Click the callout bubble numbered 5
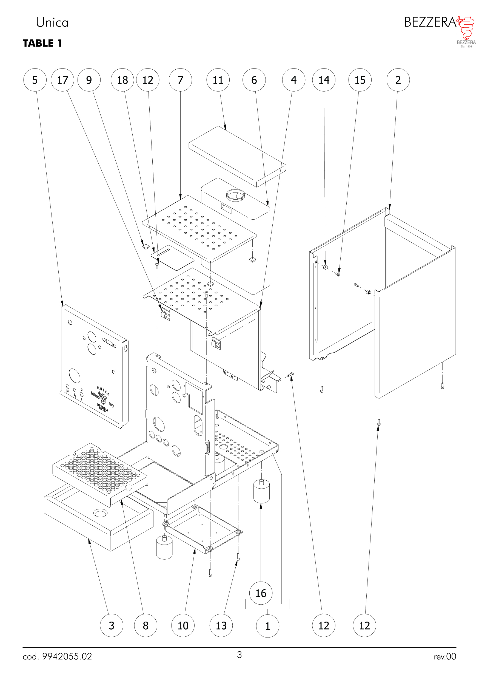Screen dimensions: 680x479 [35, 80]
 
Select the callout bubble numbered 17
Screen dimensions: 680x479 [62, 80]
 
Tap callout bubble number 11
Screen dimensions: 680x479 [218, 80]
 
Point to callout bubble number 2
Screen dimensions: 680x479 [398, 80]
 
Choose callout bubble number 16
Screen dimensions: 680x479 [261, 593]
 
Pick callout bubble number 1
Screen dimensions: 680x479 [268, 626]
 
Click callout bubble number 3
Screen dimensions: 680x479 [111, 625]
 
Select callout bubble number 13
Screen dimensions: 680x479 [221, 625]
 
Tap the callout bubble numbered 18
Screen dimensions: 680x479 [122, 80]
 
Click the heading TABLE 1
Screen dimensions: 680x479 [42, 43]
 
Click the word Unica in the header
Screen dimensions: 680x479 [52, 22]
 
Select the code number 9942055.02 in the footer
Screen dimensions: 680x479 [67, 656]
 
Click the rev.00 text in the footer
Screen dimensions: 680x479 [445, 657]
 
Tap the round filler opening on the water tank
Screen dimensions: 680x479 [235, 195]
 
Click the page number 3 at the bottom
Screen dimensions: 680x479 [239, 654]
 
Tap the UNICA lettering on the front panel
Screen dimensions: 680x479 [103, 391]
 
